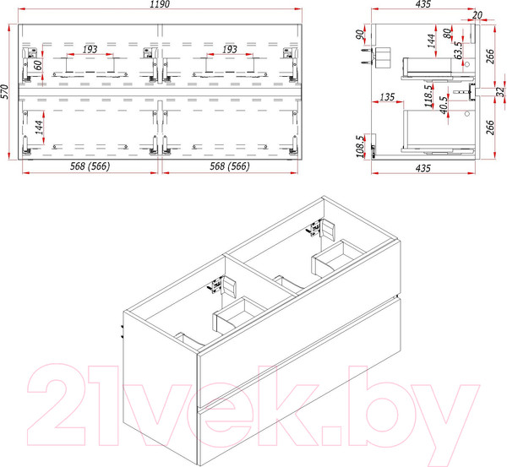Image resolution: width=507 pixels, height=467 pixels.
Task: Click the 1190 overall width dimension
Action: coord(160,4)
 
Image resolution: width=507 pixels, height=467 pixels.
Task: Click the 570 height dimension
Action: coord(4,92)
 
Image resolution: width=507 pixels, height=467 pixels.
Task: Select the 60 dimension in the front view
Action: coord(38,65)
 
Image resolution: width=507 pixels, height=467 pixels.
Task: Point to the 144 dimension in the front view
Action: coord(39,128)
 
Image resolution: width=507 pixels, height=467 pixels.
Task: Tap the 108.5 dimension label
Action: coord(361,146)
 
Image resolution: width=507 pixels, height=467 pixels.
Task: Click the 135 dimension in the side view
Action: coord(387,97)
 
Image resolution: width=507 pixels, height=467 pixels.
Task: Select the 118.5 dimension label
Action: coord(428,96)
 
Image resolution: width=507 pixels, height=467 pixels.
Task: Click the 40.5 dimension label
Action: coord(444,105)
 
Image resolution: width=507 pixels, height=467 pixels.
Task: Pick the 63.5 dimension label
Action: coord(458,50)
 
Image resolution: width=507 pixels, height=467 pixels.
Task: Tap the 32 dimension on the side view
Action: coord(500,92)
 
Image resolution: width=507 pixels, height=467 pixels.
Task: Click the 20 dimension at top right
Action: coord(477,15)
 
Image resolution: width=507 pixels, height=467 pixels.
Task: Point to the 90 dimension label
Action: coord(360,34)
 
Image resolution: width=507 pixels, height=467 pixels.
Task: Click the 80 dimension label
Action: coord(447,34)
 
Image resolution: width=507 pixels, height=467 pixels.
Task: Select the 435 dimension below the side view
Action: coord(423,168)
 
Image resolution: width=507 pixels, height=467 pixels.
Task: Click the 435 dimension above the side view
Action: coord(423,4)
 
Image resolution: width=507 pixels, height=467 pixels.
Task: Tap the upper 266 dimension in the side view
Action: coord(490,57)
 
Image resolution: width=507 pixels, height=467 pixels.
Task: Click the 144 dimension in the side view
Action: coord(431,41)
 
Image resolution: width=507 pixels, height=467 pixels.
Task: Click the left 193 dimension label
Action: coord(90,50)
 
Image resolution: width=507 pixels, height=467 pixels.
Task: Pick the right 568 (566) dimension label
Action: coord(230,166)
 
